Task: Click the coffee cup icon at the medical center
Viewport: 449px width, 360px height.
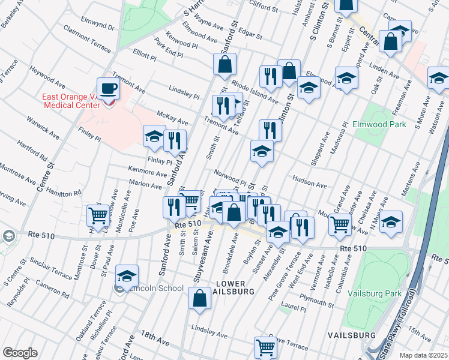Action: (x=108, y=89)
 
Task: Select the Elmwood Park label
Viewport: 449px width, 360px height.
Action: (x=394, y=125)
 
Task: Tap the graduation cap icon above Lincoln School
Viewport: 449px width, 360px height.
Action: (x=127, y=276)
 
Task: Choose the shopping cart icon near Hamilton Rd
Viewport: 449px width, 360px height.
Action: (x=98, y=215)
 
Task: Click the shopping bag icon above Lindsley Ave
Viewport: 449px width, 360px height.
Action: (x=199, y=298)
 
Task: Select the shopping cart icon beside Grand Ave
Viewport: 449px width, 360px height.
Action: (x=340, y=224)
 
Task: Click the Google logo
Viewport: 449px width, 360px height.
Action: (x=20, y=353)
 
